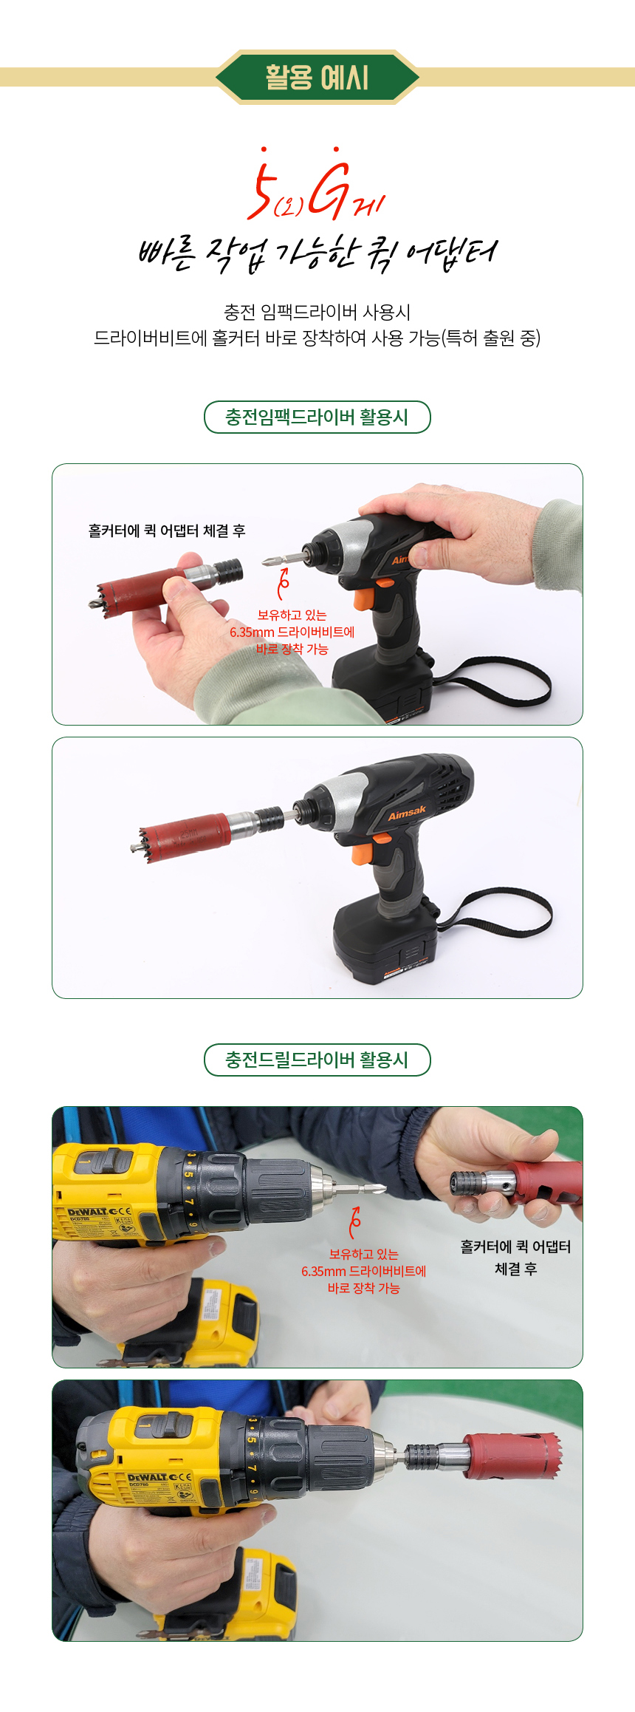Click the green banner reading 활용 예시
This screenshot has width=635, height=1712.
click(317, 77)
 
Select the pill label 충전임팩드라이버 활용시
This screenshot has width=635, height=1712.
click(317, 417)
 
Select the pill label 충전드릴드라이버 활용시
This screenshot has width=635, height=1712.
click(317, 1060)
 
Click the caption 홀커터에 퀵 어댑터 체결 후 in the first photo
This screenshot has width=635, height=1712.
click(167, 531)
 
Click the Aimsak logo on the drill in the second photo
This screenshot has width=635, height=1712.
click(407, 813)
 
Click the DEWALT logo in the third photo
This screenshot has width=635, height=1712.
click(88, 1213)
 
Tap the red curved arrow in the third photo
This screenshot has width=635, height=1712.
click(355, 1222)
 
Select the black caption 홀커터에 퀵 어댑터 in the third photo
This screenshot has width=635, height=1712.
click(515, 1247)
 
